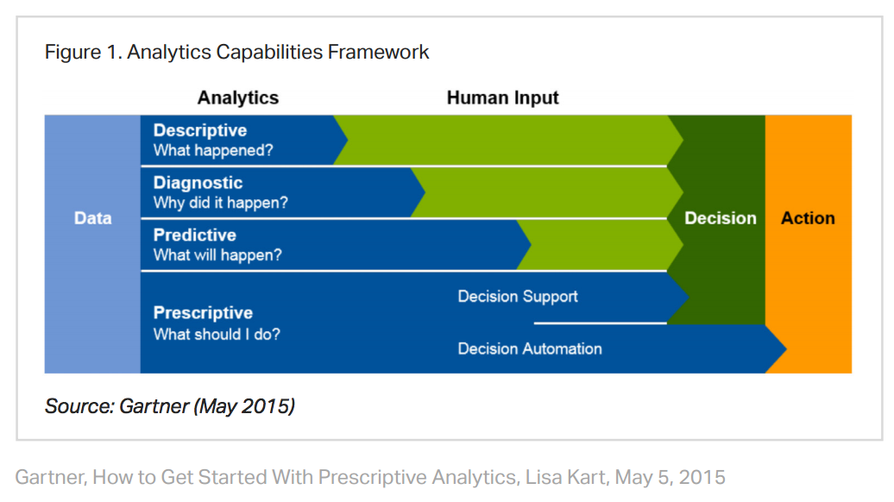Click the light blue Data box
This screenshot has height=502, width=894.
pyautogui.click(x=92, y=218)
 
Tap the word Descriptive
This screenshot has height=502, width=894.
pyautogui.click(x=200, y=130)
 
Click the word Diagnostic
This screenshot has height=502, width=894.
pyautogui.click(x=198, y=183)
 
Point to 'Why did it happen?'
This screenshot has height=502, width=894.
pyautogui.click(x=221, y=203)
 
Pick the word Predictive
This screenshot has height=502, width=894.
pyautogui.click(x=195, y=235)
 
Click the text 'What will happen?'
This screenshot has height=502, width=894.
pyautogui.click(x=217, y=254)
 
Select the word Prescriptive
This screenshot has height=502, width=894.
pyautogui.click(x=203, y=312)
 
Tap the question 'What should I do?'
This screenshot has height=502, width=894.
pyautogui.click(x=217, y=334)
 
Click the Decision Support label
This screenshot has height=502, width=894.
pyautogui.click(x=518, y=297)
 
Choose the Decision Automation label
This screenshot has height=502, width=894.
pyautogui.click(x=530, y=348)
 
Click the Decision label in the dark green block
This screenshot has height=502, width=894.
pyautogui.click(x=720, y=218)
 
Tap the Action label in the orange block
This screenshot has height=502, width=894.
pyautogui.click(x=808, y=218)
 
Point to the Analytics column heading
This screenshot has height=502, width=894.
pyautogui.click(x=238, y=97)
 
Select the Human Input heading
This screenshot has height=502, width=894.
pyautogui.click(x=503, y=97)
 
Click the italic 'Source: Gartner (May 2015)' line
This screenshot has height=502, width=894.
pyautogui.click(x=170, y=405)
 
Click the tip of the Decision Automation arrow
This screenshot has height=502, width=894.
pyautogui.click(x=784, y=348)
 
